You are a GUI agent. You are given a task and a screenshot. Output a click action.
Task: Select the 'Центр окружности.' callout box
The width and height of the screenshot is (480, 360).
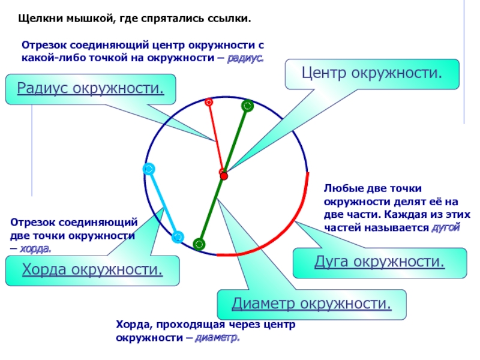coord(372,74)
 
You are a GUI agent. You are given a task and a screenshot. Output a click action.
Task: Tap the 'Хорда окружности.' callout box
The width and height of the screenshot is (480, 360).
coord(92,270)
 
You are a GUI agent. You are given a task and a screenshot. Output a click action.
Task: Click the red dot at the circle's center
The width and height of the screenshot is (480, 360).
coord(224,176)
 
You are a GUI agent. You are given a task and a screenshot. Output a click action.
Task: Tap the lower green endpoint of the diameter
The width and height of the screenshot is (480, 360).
coord(199,244)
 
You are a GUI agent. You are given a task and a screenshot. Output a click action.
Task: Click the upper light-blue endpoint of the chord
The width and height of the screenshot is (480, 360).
coord(148,169)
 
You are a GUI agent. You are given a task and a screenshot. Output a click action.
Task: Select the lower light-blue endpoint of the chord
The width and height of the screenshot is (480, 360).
coord(178,237)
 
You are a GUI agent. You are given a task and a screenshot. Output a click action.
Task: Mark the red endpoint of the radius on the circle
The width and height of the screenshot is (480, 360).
coord(209,102)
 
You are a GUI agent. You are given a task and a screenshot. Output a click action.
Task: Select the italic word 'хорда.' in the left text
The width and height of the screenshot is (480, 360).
coord(35,248)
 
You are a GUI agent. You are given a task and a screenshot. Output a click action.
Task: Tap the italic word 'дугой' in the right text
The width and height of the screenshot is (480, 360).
coord(445,229)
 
